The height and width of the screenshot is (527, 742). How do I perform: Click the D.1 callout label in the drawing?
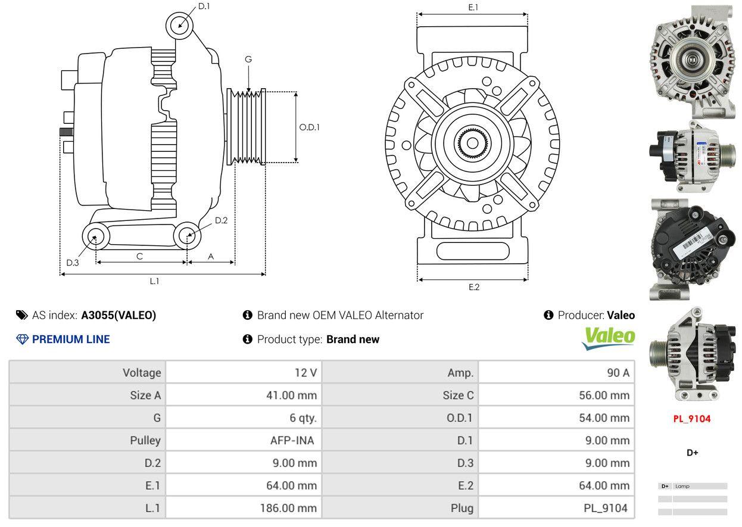click(x=204, y=6)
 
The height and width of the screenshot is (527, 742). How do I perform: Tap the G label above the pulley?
click(x=248, y=59)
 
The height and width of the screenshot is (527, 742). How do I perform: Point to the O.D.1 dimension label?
click(x=309, y=127)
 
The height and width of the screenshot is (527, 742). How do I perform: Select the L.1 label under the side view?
click(x=154, y=281)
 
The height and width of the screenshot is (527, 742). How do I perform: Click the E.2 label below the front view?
click(x=473, y=287)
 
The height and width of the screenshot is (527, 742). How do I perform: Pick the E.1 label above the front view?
click(x=473, y=7)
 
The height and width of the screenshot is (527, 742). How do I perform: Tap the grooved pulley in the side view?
click(x=247, y=126)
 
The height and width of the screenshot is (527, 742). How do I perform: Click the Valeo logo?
click(x=608, y=338)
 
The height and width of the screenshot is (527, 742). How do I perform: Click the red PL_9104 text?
click(x=692, y=419)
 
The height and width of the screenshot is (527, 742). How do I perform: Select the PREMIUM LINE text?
click(x=70, y=339)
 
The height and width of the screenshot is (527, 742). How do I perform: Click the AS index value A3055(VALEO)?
click(x=119, y=316)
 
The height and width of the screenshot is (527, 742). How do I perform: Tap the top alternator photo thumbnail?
click(x=692, y=61)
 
